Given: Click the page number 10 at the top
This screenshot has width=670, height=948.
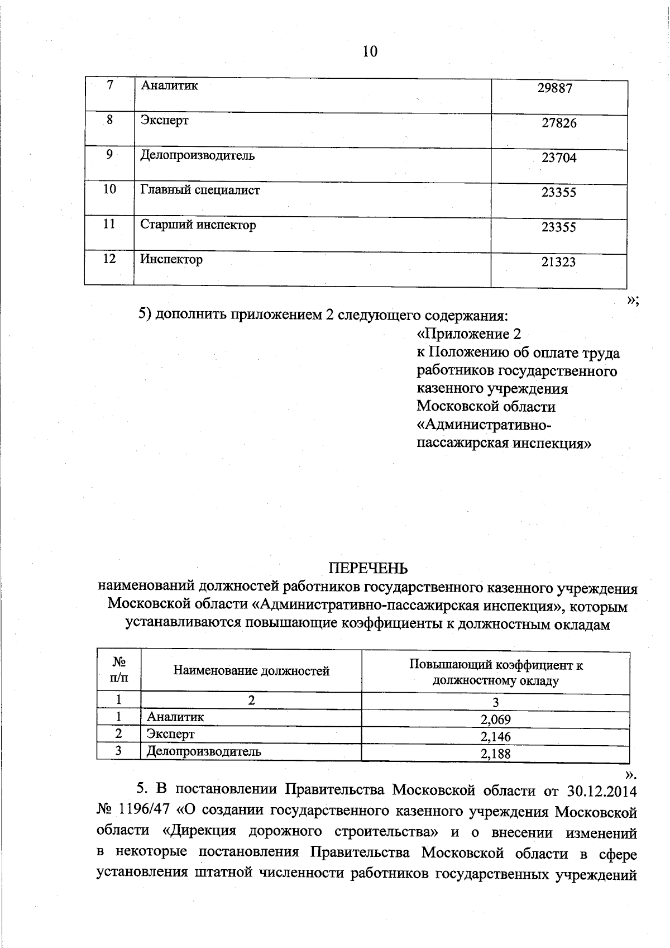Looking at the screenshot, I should pos(370,52).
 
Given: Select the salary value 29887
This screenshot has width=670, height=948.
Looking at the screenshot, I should pos(555,88).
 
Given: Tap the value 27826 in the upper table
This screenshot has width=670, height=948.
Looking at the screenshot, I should pos(559,123).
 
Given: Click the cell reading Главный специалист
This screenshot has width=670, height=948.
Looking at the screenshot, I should pos(200,190).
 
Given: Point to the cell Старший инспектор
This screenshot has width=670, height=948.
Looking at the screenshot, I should pos(198,225).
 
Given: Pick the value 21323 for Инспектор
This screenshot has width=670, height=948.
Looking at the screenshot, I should pos(558,261).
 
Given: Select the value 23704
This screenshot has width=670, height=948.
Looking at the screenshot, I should pos(558,158).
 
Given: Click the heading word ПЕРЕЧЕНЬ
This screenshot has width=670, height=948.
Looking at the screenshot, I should pos(367,569).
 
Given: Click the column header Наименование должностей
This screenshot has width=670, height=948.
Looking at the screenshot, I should pos(251,671).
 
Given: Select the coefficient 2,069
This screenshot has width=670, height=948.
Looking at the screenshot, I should pos(495,720).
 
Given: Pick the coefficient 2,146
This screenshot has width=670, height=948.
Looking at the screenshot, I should pos(495,736).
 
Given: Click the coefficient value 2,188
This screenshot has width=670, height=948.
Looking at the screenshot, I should pos(495,754).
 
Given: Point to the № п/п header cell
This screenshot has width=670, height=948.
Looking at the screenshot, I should pos(118,670).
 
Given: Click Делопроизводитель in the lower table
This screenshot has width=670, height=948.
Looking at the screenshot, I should pos(203,751).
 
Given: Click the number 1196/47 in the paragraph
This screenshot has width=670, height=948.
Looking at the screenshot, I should pos(146,811).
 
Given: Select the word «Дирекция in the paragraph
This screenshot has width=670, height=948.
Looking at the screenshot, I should pos(199,831).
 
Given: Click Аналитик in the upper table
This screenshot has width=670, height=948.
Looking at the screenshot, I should pos(169,85).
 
